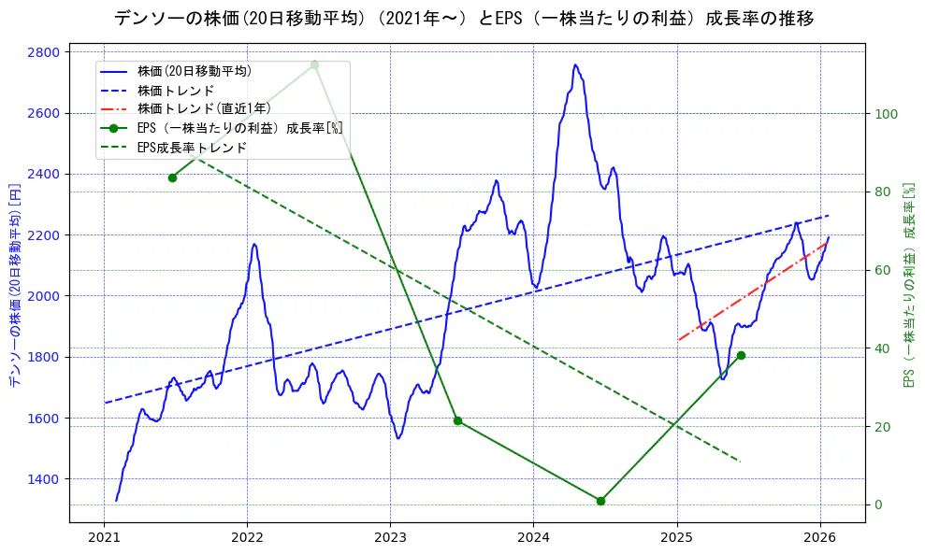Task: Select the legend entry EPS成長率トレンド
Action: [192, 148]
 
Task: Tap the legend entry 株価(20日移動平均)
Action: [194, 70]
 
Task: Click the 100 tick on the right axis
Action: [886, 114]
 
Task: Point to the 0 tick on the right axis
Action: [879, 504]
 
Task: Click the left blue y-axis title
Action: [14, 286]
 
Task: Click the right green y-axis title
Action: [907, 285]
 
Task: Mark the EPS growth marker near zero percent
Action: [600, 501]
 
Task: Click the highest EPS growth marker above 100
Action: [314, 64]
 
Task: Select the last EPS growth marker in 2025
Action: [741, 355]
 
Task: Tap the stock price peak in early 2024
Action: [574, 65]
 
